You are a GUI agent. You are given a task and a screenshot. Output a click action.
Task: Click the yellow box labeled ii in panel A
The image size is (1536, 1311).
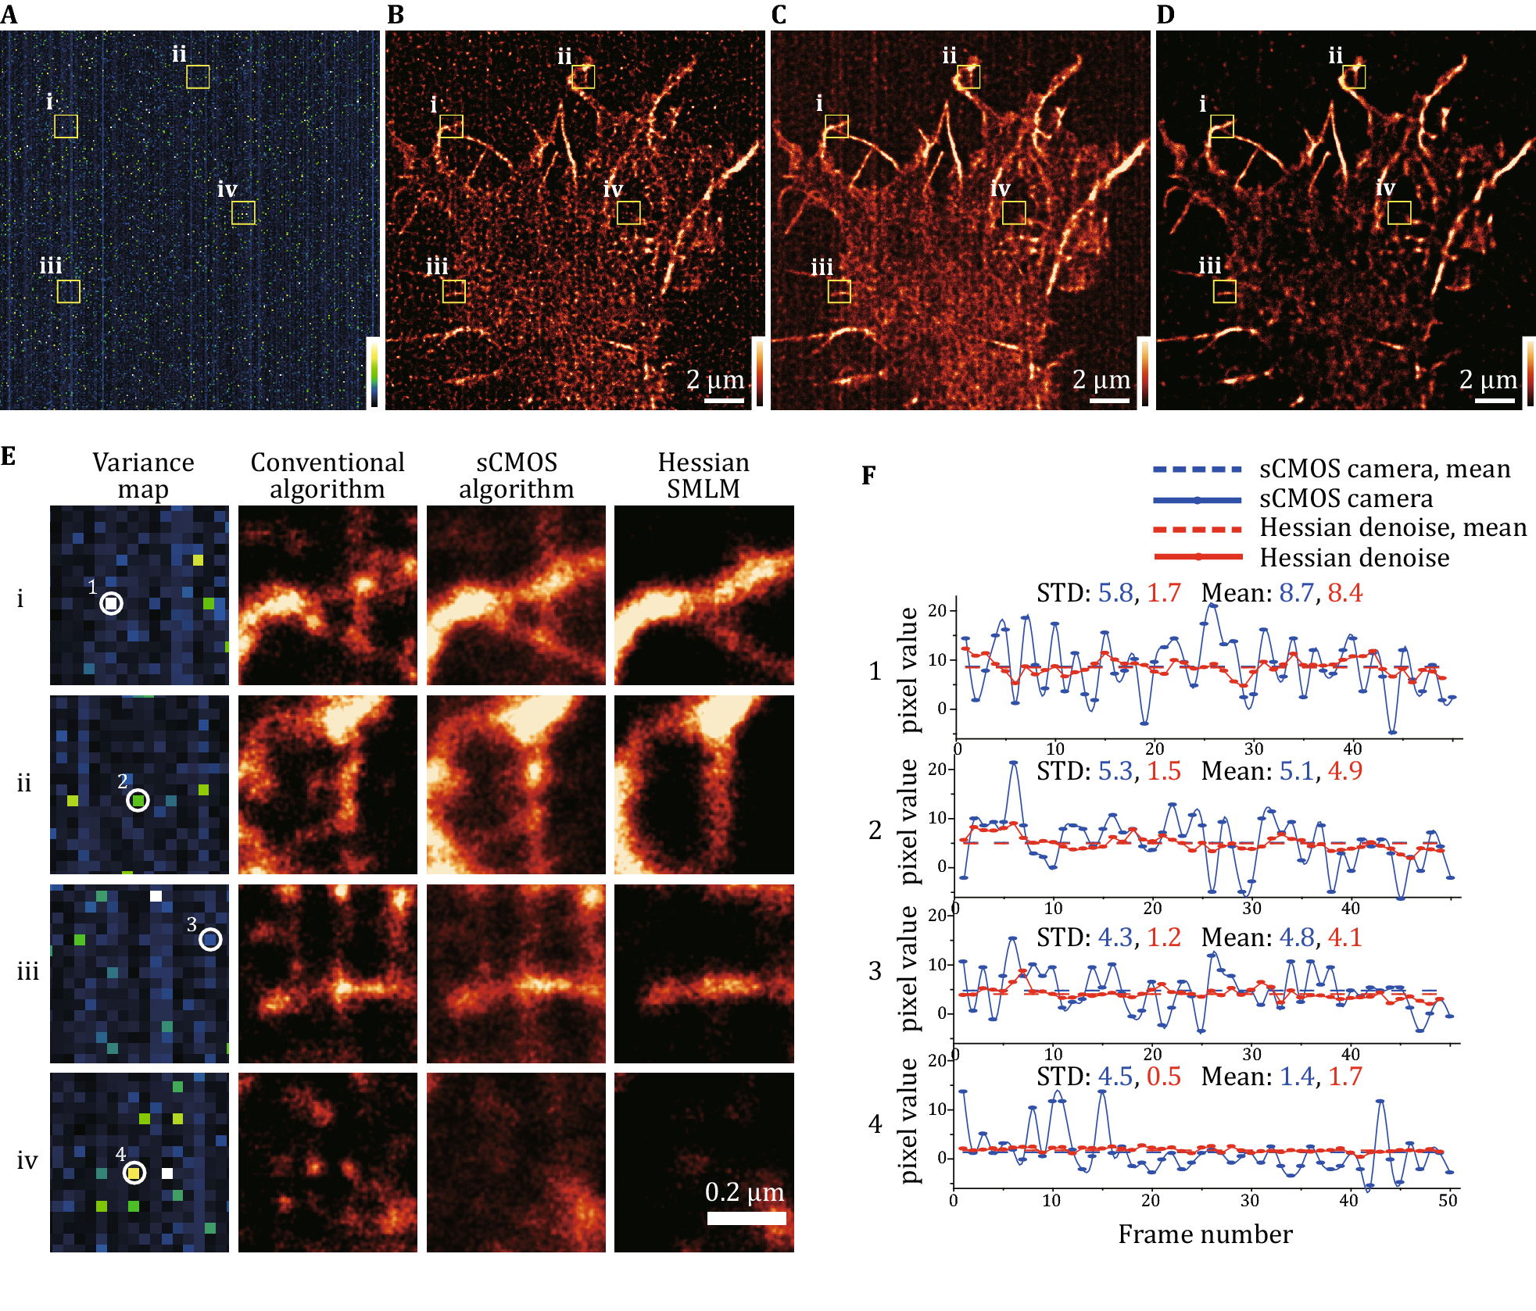coord(198,77)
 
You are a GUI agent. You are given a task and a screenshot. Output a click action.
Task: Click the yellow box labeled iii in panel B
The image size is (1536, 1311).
coord(454,291)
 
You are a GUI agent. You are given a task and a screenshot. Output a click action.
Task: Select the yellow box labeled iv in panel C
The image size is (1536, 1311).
coord(1014,213)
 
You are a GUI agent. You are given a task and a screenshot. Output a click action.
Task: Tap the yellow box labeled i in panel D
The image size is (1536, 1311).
coord(1222,127)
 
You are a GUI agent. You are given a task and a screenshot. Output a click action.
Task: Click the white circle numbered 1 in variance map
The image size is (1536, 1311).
coord(112,603)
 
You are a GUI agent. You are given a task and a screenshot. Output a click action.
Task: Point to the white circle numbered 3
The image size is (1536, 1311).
coord(210,939)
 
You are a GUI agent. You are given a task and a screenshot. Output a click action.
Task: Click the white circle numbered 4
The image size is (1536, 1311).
coord(134,1173)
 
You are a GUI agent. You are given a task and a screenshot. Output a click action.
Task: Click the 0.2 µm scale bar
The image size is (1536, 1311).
coord(747,1218)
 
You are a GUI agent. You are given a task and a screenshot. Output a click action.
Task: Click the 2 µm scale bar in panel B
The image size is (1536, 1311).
coord(724,401)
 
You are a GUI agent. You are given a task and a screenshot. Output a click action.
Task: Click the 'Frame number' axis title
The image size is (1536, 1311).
coord(1205,1234)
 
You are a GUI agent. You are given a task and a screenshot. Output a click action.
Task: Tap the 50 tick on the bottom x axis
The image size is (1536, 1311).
coord(1447,1201)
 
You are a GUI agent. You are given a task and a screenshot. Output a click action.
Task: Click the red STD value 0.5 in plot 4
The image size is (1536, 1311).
coord(1163,1077)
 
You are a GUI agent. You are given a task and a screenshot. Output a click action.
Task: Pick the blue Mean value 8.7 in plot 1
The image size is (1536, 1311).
coord(1295,593)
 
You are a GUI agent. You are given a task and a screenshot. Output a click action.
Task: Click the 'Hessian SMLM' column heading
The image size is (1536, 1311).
coord(704,475)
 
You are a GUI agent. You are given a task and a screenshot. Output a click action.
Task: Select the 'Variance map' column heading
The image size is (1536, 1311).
coord(143,475)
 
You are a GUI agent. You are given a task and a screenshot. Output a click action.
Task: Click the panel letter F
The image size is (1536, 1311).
coord(868,475)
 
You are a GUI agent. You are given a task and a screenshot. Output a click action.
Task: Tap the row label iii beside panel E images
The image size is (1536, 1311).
coord(28,972)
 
